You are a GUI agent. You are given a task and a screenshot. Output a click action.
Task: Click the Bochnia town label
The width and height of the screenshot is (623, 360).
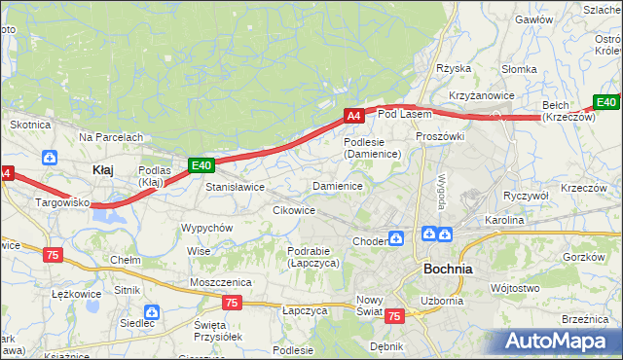447,269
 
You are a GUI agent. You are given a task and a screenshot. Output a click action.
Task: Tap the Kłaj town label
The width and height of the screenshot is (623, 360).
102,169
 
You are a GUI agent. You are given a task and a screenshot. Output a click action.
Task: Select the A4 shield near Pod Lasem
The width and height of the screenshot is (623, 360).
354,116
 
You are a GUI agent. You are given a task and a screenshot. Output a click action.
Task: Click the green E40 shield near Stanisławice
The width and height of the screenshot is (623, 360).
201,166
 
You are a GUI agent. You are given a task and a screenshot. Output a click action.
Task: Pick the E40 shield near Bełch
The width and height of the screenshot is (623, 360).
606,102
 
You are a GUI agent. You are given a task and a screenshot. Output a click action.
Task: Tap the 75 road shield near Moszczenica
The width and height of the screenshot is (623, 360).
231,303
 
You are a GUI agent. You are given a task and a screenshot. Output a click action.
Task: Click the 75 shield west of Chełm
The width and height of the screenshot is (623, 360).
54,254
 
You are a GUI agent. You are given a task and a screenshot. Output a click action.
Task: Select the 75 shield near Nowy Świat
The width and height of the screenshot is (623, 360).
394,316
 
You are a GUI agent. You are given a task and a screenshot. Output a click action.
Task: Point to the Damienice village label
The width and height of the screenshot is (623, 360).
337,186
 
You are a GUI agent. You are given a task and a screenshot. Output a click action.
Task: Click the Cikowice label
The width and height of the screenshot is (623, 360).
293,210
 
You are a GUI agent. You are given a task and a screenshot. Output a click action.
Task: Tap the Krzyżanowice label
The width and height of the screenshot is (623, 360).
481,95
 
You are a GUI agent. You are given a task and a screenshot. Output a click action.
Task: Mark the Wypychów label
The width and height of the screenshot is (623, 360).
206,228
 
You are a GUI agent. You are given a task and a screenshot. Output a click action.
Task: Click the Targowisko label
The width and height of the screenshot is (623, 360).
62,202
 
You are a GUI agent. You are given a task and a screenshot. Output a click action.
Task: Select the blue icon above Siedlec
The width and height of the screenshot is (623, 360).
151,311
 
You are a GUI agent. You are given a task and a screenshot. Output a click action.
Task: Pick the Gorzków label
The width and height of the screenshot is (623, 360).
585,257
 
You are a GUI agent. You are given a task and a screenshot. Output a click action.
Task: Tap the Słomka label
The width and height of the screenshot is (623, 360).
518,69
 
